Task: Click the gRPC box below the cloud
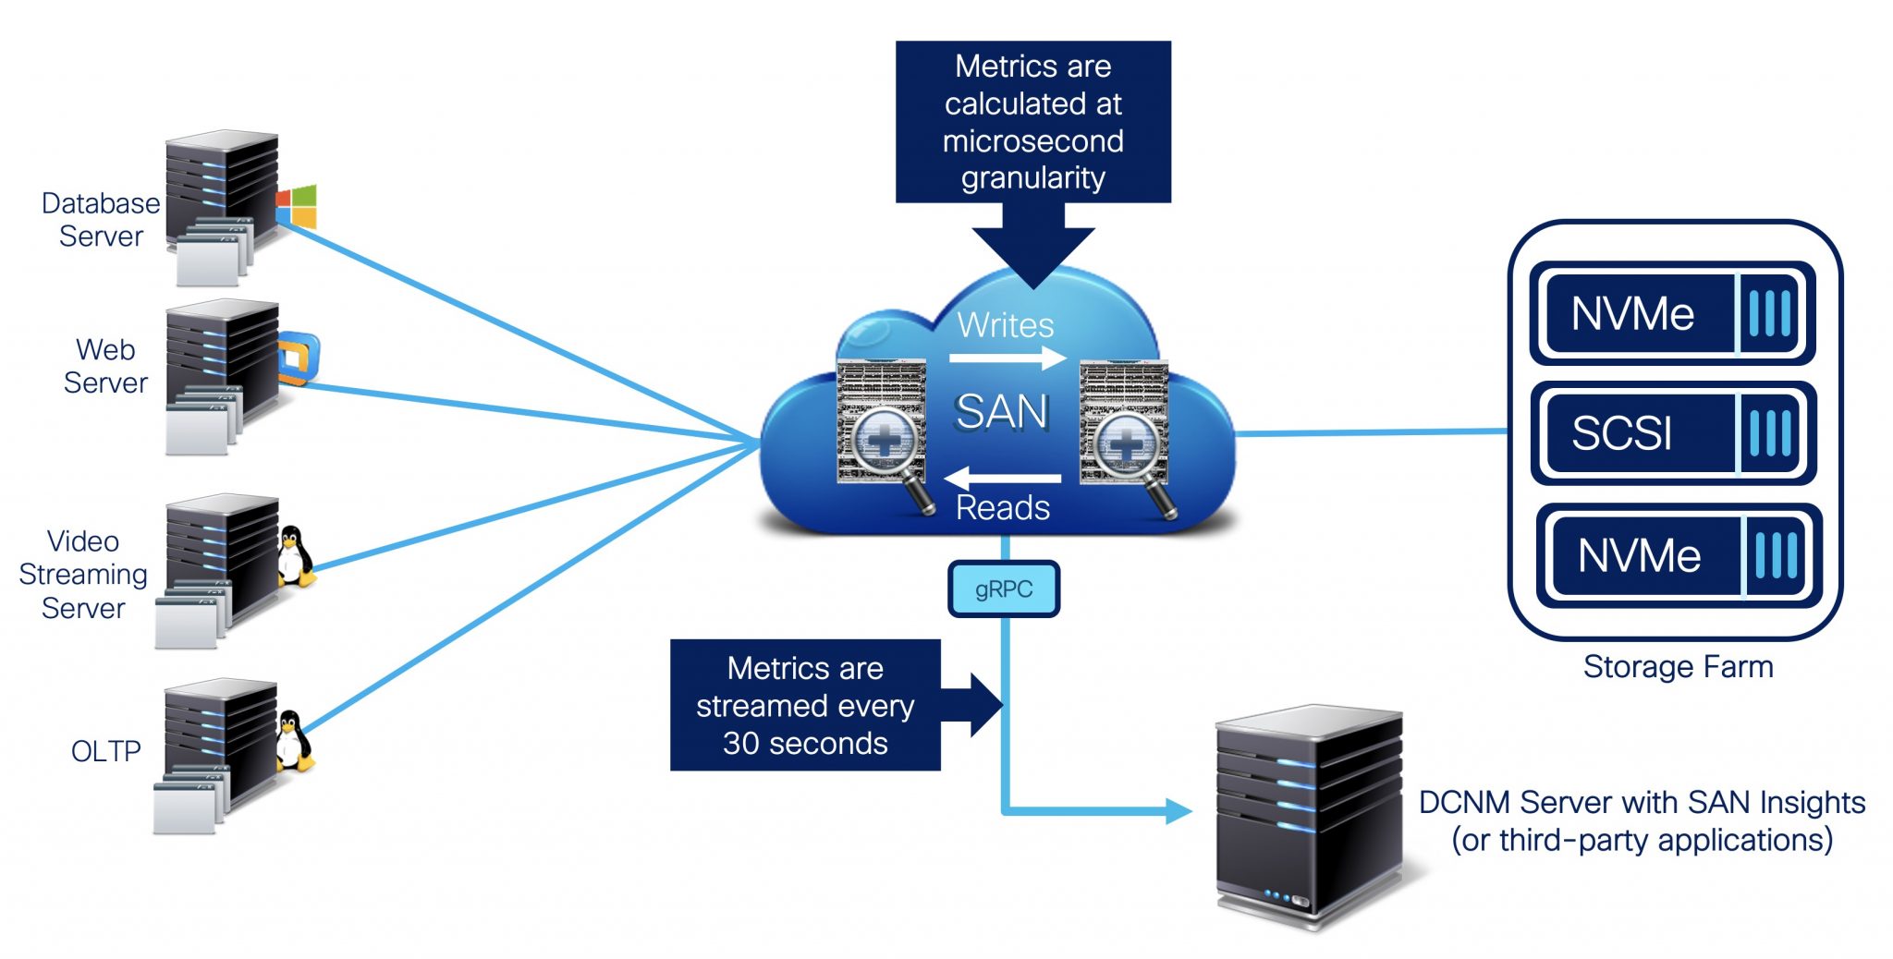(1004, 589)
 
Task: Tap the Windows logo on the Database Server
(297, 206)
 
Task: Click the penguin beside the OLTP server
(294, 740)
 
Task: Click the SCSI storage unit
(1673, 432)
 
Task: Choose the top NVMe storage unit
(1673, 313)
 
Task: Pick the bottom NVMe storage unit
(1679, 555)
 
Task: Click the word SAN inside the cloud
(1003, 412)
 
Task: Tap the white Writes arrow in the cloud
(1008, 358)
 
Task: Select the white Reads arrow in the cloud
(1003, 478)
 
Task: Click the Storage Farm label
(1678, 667)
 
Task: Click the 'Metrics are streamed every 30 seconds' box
(805, 706)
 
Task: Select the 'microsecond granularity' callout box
(1032, 122)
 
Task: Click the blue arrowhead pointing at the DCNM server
(1178, 811)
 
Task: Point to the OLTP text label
(105, 751)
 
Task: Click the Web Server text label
(105, 367)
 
